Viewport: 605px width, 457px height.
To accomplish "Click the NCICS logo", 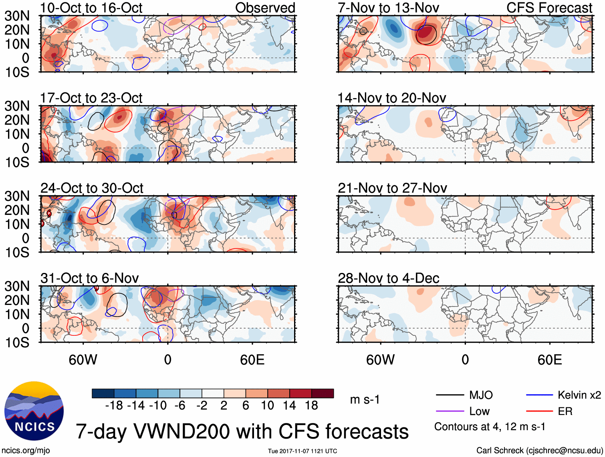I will coord(34,411).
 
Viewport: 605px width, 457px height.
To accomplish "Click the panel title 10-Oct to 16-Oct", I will coord(91,8).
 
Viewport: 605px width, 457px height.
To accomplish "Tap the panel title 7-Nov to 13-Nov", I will coord(388,8).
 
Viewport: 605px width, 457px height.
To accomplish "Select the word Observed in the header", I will coord(265,8).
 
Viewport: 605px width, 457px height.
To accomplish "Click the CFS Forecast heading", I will coord(549,8).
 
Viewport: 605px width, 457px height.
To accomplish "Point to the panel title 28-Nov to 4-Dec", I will coord(388,278).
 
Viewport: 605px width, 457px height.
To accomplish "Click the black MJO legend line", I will coord(450,395).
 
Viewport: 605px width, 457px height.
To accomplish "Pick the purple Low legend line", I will coord(450,411).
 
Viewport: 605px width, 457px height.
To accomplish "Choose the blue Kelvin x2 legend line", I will coord(539,395).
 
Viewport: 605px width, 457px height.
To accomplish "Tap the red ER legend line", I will coord(539,411).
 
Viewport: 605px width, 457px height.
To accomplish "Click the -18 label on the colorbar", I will coord(114,406).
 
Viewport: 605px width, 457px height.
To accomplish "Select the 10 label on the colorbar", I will coord(268,406).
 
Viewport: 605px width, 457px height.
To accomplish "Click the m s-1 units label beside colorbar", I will coord(365,400).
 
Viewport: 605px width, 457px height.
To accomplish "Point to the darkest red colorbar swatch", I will coord(323,393).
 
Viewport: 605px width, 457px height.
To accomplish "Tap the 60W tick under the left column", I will coord(83,360).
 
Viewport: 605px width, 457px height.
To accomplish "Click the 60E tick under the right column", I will coord(549,360).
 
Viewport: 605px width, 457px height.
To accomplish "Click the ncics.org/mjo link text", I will coord(26,451).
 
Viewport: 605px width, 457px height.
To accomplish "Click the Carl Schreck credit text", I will coord(539,451).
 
